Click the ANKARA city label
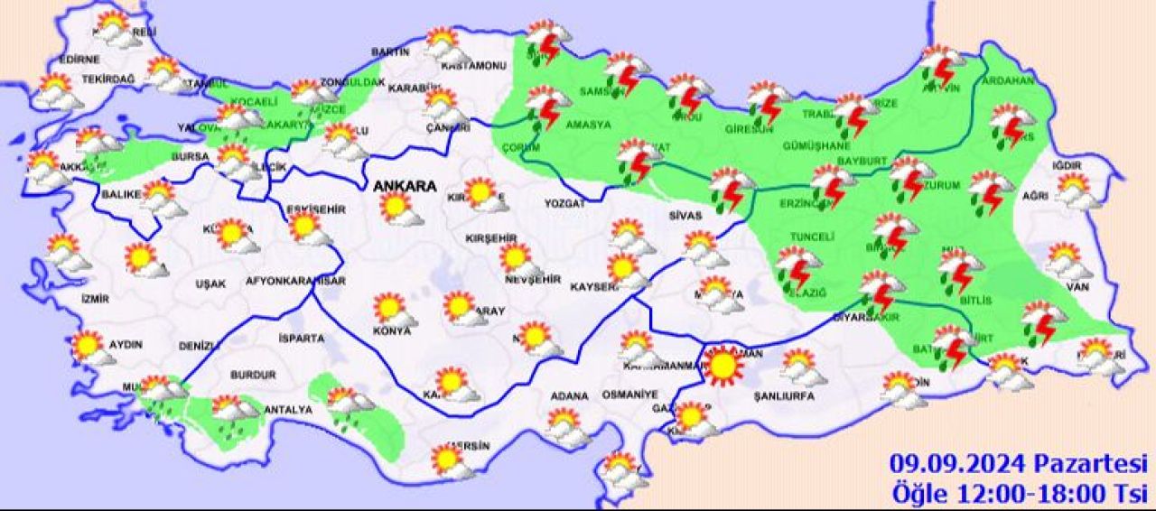coord(406,187)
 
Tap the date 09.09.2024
coord(956,465)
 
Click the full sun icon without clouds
coord(722,366)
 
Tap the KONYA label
coord(393,331)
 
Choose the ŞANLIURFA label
coord(787,396)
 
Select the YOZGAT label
coord(564,204)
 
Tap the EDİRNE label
coord(79,60)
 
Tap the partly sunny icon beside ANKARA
coord(398,209)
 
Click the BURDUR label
coord(253,375)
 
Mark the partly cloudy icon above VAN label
coord(1067,261)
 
